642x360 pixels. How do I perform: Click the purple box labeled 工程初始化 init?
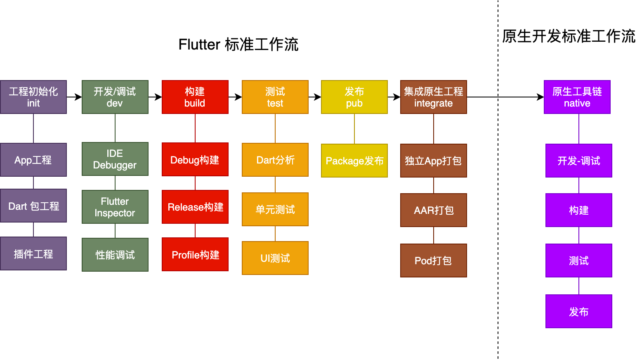tap(33, 97)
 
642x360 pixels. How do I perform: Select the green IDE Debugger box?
tap(115, 159)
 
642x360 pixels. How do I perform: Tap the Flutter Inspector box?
tap(115, 207)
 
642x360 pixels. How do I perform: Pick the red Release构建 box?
tap(195, 207)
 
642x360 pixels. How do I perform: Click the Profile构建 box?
tap(195, 254)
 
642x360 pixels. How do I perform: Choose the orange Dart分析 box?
tap(275, 160)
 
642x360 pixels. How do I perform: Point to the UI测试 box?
tap(275, 258)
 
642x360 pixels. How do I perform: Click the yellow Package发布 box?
tap(354, 161)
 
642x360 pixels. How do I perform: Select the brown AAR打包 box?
tap(434, 210)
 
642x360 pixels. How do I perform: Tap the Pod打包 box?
tap(434, 261)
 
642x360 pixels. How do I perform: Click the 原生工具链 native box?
tap(577, 97)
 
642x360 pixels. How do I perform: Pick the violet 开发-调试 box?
tap(579, 161)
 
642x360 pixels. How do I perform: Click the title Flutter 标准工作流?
tap(238, 45)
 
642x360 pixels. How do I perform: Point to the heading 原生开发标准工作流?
tap(569, 36)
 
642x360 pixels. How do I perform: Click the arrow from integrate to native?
tap(505, 97)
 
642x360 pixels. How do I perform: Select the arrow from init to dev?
tap(74, 97)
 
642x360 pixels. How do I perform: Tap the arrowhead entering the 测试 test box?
tap(239, 97)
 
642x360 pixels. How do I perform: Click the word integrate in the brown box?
tap(433, 103)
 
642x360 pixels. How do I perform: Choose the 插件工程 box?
tap(33, 253)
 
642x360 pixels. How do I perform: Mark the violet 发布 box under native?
tap(579, 311)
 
